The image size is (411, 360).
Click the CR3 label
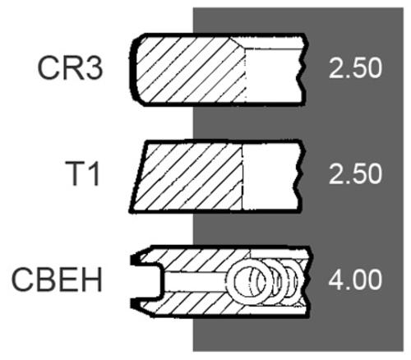(70, 68)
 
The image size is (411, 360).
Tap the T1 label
(82, 173)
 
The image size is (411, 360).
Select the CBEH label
(57, 279)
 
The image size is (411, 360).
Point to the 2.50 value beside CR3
(355, 68)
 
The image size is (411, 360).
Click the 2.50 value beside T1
(355, 173)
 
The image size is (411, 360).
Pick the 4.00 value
(355, 279)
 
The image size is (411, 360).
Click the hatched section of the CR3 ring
(189, 70)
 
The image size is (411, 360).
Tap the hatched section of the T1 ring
(187, 177)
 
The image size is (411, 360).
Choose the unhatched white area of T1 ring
(270, 177)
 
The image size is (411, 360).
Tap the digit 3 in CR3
(94, 68)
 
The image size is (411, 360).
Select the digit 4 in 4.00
(336, 279)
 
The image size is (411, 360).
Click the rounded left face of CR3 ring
(132, 70)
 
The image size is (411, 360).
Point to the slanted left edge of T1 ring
(138, 177)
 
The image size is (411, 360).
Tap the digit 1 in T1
(94, 173)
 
